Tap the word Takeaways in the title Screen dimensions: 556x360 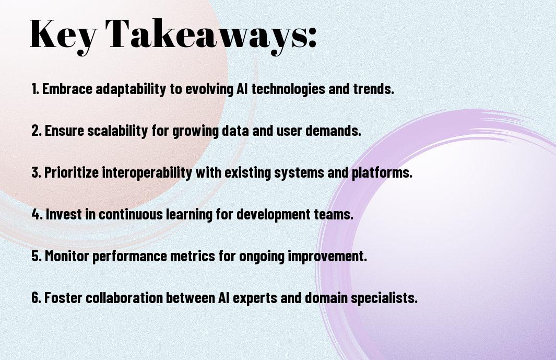pyautogui.click(x=207, y=35)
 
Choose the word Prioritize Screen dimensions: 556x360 pyautogui.click(x=72, y=172)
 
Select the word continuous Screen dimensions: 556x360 pyautogui.click(x=131, y=214)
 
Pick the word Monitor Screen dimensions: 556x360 pyautogui.click(x=67, y=256)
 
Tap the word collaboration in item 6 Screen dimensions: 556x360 pyautogui.click(x=124, y=297)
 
